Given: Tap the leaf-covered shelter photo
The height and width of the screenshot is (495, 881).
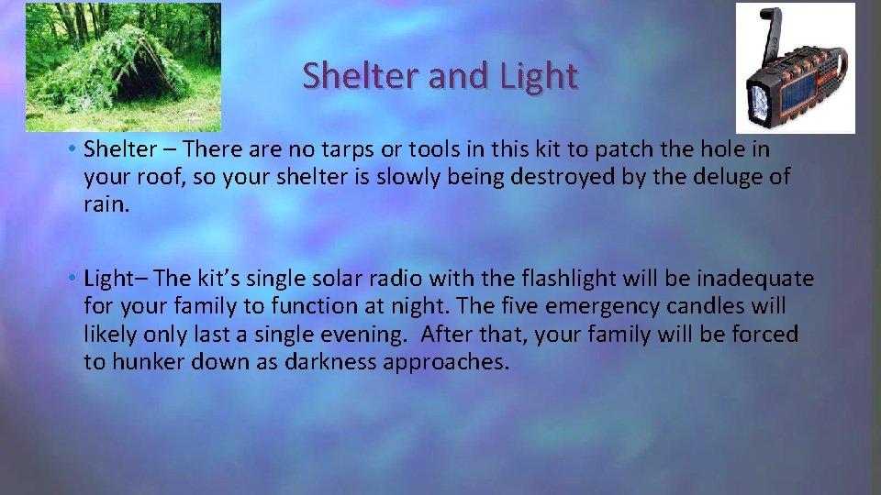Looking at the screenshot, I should coord(123,67).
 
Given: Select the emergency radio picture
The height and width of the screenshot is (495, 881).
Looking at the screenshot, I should coord(795,69).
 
